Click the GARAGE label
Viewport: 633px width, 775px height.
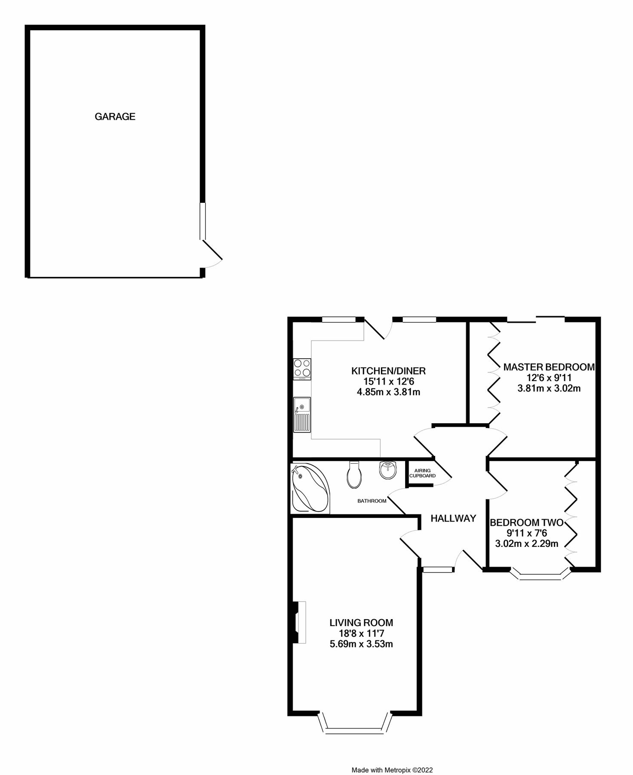pos(115,116)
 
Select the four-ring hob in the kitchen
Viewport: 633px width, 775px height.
pos(302,369)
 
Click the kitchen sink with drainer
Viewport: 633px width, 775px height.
pos(302,414)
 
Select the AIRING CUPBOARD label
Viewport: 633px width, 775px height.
pos(422,473)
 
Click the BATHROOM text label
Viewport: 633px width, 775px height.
pos(372,501)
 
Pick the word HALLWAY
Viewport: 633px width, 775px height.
pos(453,518)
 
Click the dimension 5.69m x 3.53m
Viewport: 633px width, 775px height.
pos(361,644)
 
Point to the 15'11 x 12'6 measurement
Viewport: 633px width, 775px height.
pos(388,381)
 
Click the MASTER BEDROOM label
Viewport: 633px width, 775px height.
pos(549,367)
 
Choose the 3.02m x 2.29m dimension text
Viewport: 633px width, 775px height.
pos(526,543)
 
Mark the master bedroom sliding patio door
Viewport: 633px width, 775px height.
pos(536,319)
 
